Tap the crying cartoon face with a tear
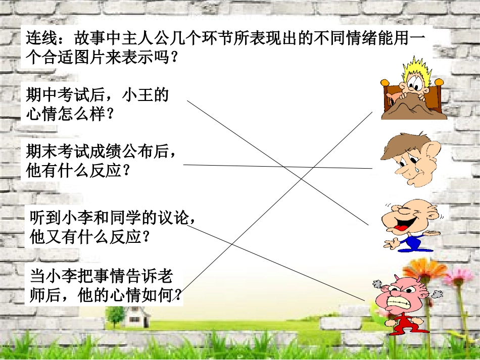pyautogui.click(x=410, y=159)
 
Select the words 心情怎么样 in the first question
pyautogui.click(x=66, y=115)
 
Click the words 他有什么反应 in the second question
pyautogui.click(x=73, y=171)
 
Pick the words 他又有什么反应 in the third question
pyautogui.click(x=85, y=237)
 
